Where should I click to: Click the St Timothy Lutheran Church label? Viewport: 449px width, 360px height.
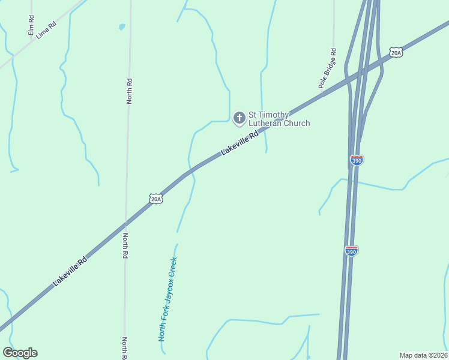(x=279, y=119)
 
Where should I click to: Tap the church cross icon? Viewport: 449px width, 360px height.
(x=239, y=118)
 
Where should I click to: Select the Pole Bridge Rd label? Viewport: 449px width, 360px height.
(x=328, y=69)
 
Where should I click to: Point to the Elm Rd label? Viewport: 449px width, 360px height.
(x=31, y=25)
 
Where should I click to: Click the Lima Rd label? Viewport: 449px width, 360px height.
(x=46, y=31)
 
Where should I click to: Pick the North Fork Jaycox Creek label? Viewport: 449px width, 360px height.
(x=168, y=299)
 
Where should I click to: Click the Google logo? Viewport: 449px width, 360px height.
(x=20, y=353)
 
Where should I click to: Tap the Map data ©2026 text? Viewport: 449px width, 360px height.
(x=424, y=355)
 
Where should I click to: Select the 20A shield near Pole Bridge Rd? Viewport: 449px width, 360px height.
(x=396, y=53)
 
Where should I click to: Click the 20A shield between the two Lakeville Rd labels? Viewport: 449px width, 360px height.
(x=156, y=199)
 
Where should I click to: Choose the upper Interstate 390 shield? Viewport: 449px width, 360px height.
(x=356, y=160)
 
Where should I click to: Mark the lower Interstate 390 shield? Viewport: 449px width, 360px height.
(x=352, y=251)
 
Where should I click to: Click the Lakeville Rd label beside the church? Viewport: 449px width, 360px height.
(x=240, y=144)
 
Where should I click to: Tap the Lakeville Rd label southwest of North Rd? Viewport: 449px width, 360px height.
(x=70, y=271)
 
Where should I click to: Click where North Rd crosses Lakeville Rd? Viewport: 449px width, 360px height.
(x=125, y=223)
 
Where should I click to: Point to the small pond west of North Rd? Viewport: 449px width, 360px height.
(x=122, y=27)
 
